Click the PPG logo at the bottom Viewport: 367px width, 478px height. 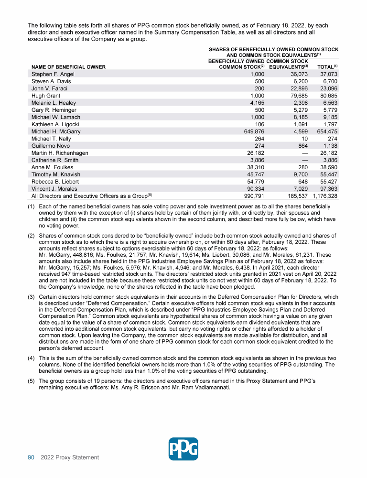[183, 449]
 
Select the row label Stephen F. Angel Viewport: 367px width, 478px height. [53, 75]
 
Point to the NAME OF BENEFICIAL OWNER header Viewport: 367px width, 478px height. [68, 67]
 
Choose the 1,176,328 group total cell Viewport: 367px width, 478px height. [325, 196]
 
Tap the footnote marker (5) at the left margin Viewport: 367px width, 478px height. [32, 381]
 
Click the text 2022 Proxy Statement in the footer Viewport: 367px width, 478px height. [70, 457]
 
